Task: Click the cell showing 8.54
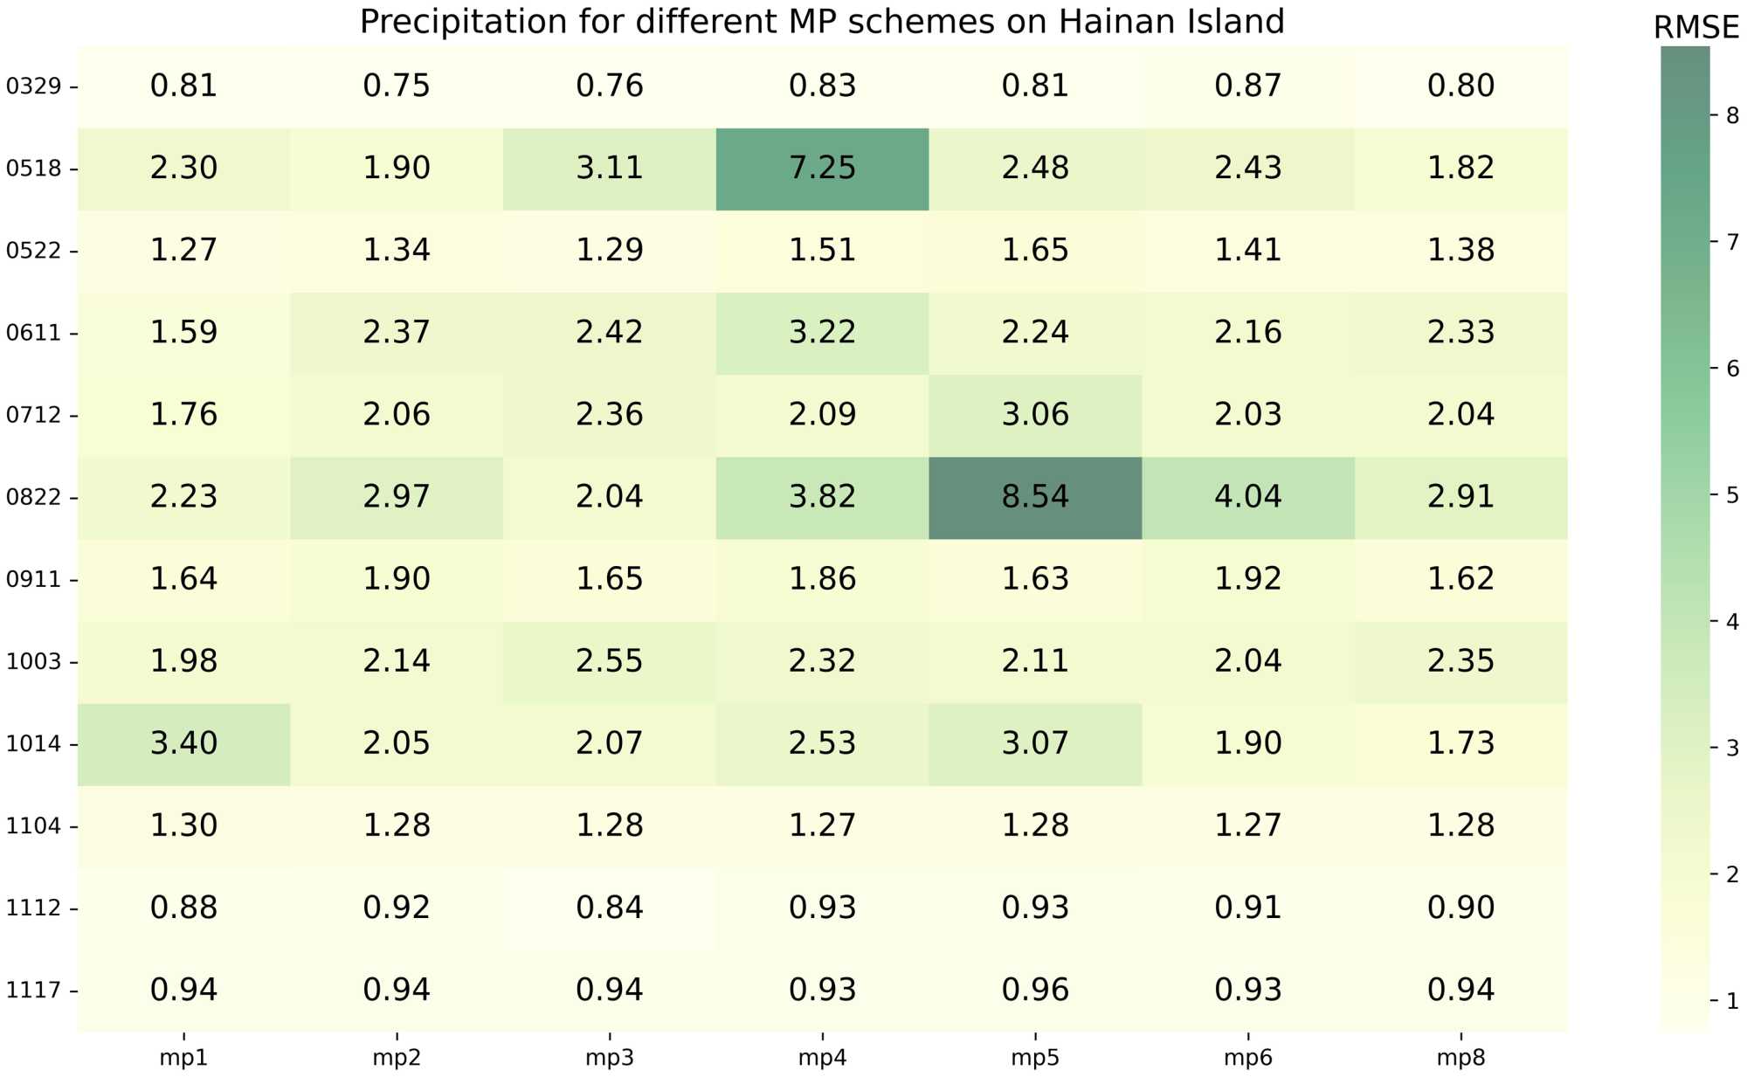[1035, 497]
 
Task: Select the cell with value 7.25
[822, 168]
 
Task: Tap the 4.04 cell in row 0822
[1247, 497]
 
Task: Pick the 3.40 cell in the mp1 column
[183, 743]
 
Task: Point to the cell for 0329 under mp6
[1247, 86]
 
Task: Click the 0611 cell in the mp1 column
[183, 332]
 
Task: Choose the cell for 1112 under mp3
[609, 908]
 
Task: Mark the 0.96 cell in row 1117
[1035, 990]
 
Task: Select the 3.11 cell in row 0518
[609, 168]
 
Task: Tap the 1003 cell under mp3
[609, 661]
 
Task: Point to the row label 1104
[34, 826]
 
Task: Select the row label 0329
[34, 86]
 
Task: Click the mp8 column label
[1460, 1059]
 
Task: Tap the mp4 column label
[822, 1059]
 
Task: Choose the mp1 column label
[183, 1059]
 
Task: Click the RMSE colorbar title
[1695, 28]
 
